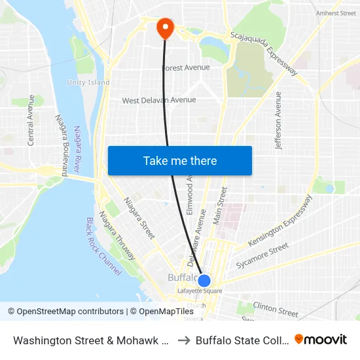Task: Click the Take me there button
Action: pos(180,160)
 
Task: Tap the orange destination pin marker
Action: pos(164,27)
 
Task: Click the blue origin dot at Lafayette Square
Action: pos(204,281)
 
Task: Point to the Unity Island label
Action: pos(88,82)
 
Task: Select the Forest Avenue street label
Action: pos(187,67)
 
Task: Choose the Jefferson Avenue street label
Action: pos(279,120)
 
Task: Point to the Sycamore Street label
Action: pos(262,255)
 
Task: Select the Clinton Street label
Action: pos(276,310)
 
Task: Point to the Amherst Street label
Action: pos(336,13)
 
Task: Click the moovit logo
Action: pos(321,339)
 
